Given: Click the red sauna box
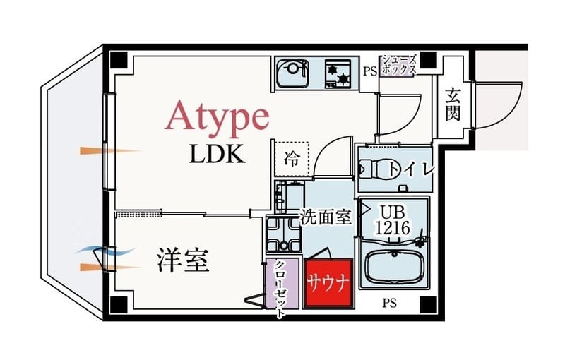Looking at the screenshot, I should [328, 284].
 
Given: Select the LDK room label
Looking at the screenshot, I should [217, 154].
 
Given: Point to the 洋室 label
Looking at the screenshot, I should [182, 261].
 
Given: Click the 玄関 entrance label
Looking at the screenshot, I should [453, 104].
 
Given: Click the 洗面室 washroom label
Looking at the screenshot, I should [326, 217].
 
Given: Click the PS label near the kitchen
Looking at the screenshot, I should [369, 71].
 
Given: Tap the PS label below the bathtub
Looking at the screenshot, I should [389, 304].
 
